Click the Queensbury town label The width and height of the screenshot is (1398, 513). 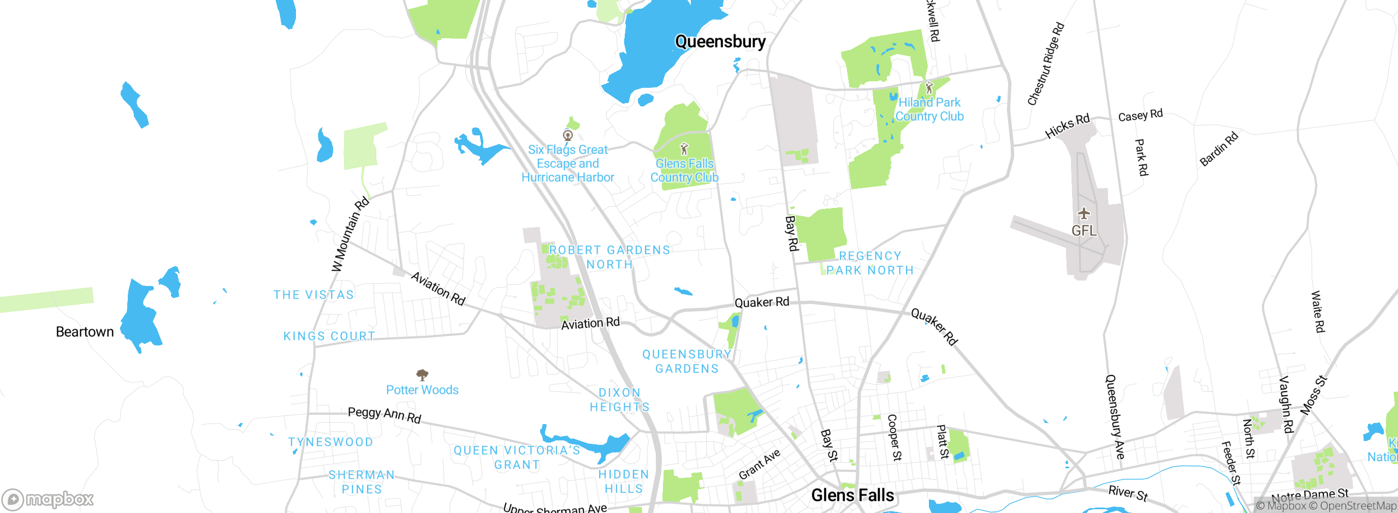pos(720,41)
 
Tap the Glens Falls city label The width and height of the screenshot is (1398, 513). pos(852,495)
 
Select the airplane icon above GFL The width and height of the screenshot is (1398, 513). pos(1084,213)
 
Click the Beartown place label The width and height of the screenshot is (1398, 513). pos(85,332)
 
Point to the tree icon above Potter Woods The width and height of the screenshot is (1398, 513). pos(422,375)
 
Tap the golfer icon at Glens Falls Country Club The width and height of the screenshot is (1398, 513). pos(684,148)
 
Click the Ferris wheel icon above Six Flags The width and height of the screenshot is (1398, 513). pos(568,135)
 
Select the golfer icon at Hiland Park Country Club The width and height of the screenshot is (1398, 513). pos(929,87)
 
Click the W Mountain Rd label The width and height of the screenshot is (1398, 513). pos(351,235)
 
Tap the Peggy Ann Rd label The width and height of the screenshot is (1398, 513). pos(384,415)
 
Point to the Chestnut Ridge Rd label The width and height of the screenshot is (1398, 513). pos(1046,64)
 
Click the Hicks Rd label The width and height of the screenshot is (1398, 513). pos(1067,126)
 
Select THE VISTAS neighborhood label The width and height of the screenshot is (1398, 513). pos(314,295)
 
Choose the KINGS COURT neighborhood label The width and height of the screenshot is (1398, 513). pos(329,336)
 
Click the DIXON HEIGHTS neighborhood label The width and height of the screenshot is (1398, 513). pos(620,400)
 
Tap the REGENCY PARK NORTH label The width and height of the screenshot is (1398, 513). pos(870,263)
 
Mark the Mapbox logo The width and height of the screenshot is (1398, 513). pos(48,499)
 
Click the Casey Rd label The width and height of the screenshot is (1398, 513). pos(1140,115)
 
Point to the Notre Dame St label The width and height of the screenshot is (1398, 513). pos(1310,496)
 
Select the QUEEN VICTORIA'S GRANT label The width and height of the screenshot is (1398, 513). pos(517,457)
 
